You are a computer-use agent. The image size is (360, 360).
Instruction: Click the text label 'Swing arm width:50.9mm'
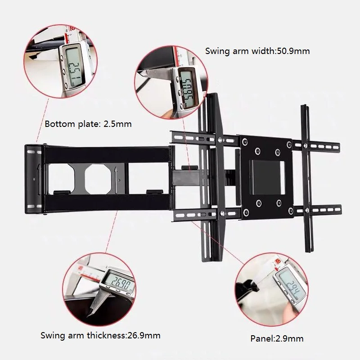tap(257, 51)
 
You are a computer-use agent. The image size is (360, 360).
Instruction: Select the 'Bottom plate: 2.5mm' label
tap(88, 124)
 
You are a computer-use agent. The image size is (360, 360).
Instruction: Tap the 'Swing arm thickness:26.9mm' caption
tap(100, 335)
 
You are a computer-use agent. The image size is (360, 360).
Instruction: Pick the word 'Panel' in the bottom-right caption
tap(261, 338)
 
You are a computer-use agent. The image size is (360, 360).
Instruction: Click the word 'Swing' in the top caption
tap(217, 51)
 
